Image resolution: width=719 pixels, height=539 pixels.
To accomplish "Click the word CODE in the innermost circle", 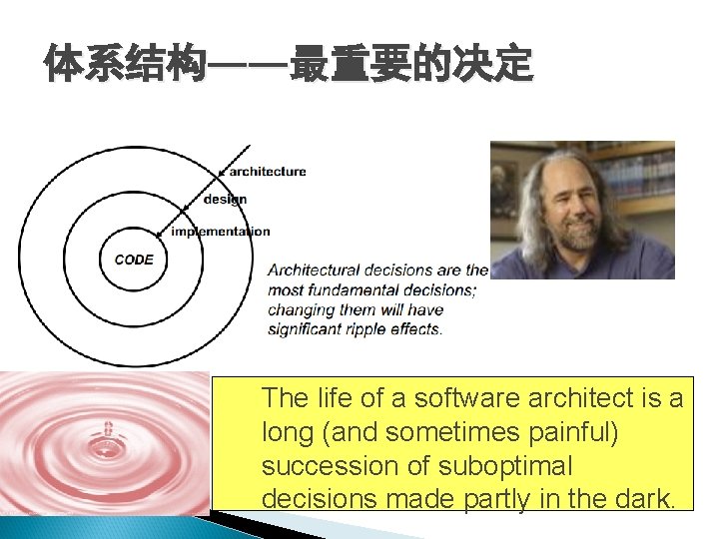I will [x=134, y=260].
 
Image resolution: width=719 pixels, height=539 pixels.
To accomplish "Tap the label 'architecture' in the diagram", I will [x=267, y=171].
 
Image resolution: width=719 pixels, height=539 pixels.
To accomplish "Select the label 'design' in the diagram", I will [x=225, y=200].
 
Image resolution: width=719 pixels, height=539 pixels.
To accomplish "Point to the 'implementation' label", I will [x=220, y=232].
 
